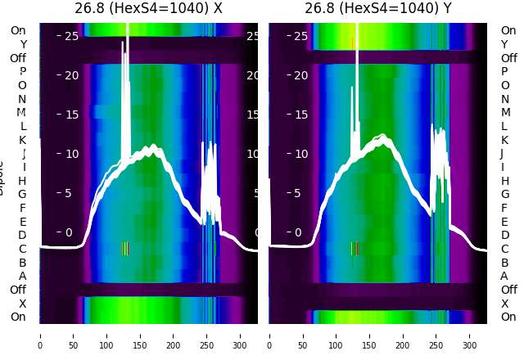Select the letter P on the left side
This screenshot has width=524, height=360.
point(22,71)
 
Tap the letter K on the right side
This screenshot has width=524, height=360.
point(505,140)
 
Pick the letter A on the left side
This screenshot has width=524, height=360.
point(22,276)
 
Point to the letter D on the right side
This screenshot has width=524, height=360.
point(505,236)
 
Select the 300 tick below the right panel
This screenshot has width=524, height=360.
point(470,335)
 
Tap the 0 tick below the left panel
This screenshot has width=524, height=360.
point(40,335)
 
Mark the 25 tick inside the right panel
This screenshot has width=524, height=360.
point(301,36)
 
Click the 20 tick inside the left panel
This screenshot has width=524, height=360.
point(72,75)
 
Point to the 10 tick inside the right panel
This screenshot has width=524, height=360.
point(301,154)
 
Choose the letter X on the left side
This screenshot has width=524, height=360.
point(23,304)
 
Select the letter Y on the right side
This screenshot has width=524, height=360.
point(505,44)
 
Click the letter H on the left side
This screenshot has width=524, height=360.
point(22,181)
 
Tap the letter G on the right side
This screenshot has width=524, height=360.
point(505,194)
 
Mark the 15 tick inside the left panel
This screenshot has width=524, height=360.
point(72,115)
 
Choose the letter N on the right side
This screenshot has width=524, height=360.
point(505,99)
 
